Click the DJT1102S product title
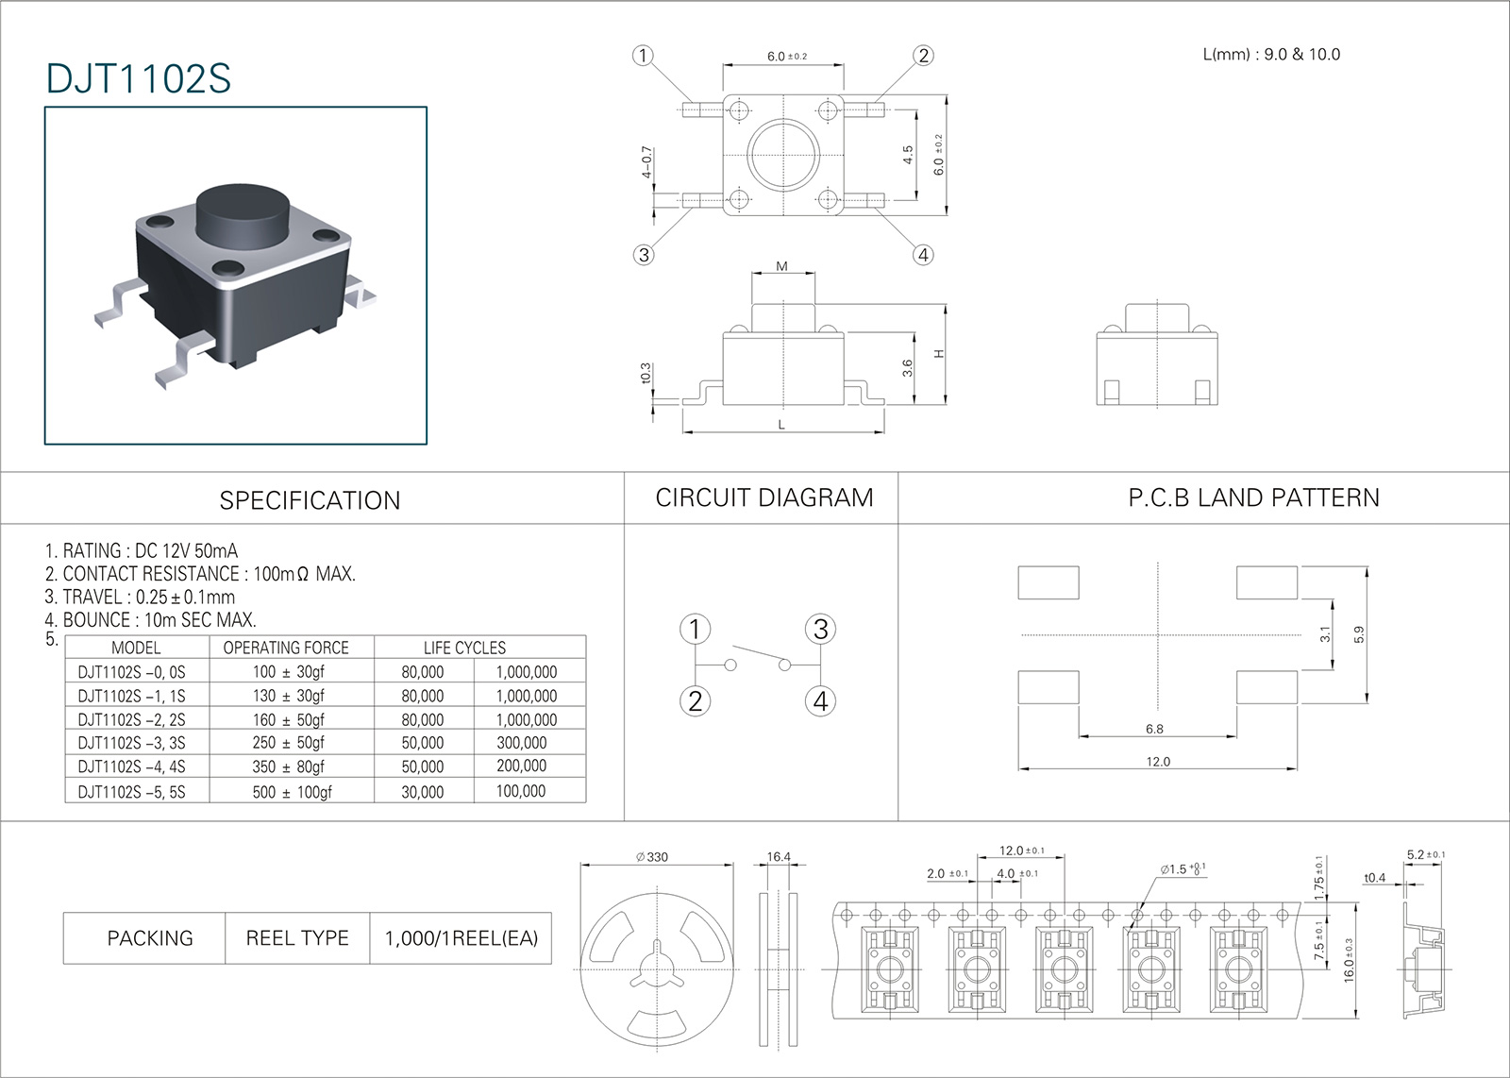coord(138,79)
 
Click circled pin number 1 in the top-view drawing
coord(643,56)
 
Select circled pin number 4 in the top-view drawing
coord(923,255)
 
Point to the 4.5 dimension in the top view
coord(908,155)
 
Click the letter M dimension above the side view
coord(781,267)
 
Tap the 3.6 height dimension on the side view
coord(908,368)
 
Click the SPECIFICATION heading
coord(310,500)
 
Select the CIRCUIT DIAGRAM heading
coord(764,498)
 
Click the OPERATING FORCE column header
coord(286,648)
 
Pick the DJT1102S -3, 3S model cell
coord(131,743)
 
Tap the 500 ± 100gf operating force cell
coord(292,792)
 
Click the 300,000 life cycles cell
coord(522,743)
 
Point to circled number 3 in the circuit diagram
coord(820,630)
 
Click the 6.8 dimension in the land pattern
coord(1154,729)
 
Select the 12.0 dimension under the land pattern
coord(1158,762)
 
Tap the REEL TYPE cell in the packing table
coord(297,938)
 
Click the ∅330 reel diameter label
coord(652,857)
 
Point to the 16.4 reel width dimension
coord(779,857)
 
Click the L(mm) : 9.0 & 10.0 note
coord(1271,55)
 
